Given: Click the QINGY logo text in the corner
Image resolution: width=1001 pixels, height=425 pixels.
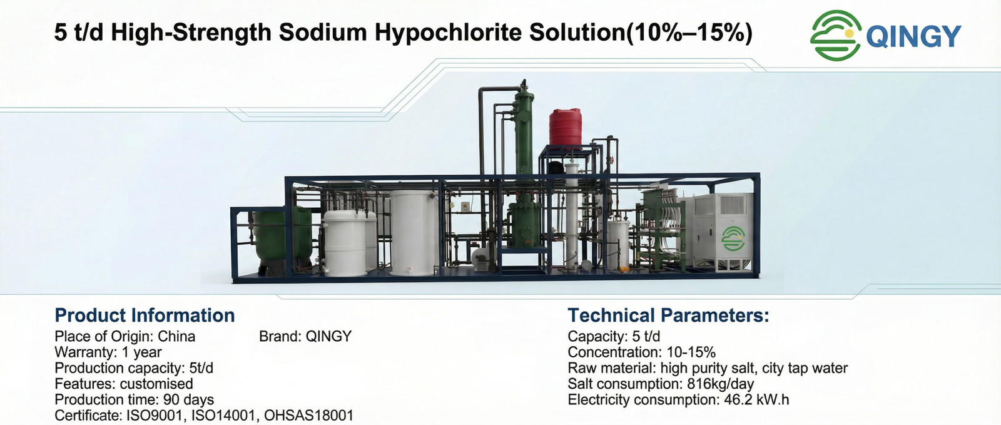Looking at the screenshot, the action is [914, 36].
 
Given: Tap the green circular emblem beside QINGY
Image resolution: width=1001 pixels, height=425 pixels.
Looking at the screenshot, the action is [836, 35].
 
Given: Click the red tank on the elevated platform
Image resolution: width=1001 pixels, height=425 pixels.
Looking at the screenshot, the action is [566, 127].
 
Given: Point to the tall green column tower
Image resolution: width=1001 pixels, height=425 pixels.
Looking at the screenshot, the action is [524, 170].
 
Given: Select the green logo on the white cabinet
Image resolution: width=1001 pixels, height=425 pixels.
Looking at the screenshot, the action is [733, 238].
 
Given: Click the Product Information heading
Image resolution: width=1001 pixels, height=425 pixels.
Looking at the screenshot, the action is [145, 315].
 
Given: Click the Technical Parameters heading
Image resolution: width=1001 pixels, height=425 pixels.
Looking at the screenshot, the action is [669, 315].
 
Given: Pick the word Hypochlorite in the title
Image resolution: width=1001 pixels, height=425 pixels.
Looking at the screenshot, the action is [448, 33].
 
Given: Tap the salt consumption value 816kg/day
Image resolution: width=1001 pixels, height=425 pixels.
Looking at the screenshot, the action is [720, 384].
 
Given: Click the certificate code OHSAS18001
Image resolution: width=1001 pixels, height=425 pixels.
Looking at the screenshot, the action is [309, 416].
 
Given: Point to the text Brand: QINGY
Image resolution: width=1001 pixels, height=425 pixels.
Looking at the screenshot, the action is [306, 337].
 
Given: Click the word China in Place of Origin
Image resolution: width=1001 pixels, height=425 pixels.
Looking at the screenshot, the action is [176, 337].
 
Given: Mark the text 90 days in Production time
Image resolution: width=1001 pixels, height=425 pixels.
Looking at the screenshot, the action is [188, 399].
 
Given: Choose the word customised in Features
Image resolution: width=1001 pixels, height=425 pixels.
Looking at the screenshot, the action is [156, 384].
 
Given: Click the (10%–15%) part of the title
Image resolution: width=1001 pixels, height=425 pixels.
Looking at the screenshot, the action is [689, 33].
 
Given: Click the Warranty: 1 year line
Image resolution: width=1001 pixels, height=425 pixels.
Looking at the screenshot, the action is [108, 352].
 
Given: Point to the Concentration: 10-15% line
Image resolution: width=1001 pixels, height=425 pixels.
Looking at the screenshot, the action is [642, 352].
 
